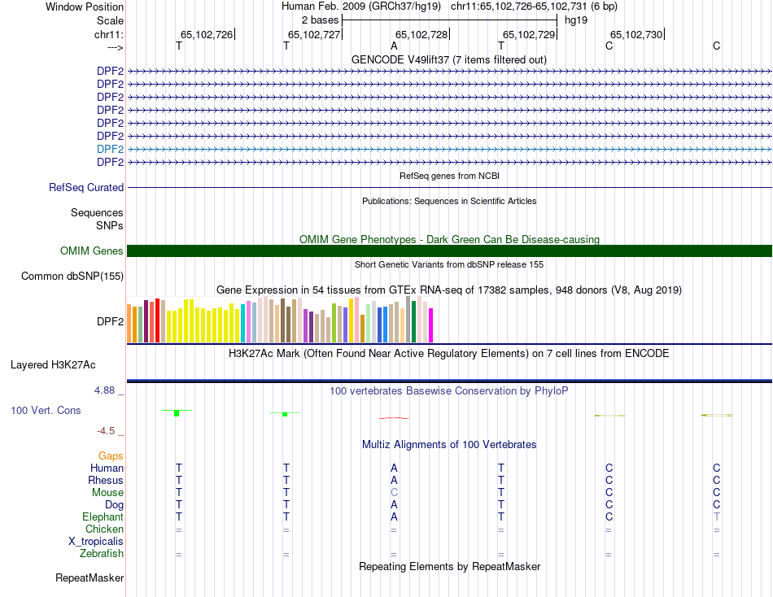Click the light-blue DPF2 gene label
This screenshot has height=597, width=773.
point(110,149)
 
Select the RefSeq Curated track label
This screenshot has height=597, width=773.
point(86,187)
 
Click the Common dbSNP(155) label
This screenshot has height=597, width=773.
point(72,277)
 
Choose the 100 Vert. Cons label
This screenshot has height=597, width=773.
point(46,411)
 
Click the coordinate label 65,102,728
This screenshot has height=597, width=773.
point(421,34)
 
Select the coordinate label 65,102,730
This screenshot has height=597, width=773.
point(636,34)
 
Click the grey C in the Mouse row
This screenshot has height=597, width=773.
point(394,492)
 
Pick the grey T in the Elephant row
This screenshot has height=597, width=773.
point(716,516)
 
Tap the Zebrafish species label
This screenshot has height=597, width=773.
point(102,554)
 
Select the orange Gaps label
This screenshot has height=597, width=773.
point(111,456)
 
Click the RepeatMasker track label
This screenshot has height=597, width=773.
point(90,578)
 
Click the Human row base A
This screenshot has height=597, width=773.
point(394,468)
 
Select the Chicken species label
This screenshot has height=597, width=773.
point(104,529)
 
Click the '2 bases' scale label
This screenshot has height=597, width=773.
point(320,20)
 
